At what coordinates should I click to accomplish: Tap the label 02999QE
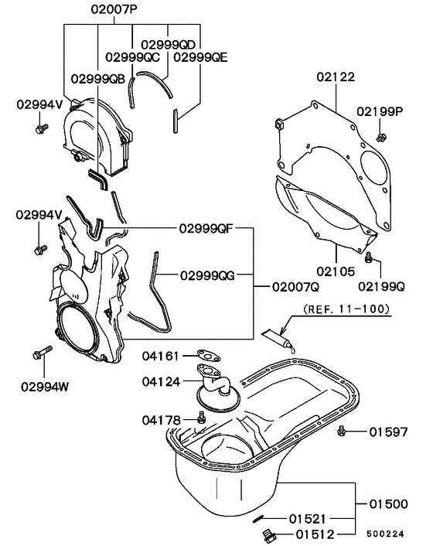(200, 56)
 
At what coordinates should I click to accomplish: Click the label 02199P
(380, 111)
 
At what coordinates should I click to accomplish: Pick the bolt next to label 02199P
(380, 137)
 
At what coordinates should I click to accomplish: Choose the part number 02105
(335, 271)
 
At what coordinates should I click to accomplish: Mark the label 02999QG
(206, 275)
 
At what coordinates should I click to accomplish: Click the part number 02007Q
(295, 285)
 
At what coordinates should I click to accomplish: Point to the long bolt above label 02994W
(40, 354)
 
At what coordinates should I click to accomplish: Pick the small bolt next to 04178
(202, 418)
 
